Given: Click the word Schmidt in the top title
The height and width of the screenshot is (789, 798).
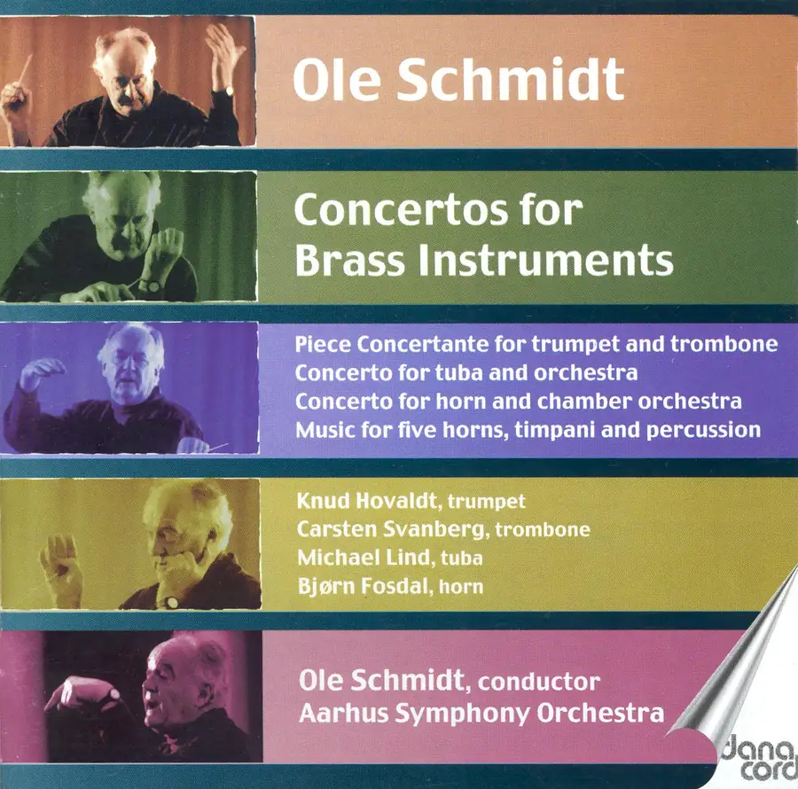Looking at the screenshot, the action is (x=510, y=79).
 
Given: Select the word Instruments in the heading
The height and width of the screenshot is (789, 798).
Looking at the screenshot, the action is (x=545, y=260).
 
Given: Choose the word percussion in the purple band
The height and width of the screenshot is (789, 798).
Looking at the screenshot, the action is (x=703, y=431).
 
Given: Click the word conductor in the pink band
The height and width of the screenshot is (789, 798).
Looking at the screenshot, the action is (x=539, y=682).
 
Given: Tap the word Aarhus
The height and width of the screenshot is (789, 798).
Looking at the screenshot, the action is (x=343, y=713).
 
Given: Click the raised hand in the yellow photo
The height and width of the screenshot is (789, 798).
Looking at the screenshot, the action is (x=62, y=566).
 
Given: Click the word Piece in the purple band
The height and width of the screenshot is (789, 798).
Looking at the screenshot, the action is (x=323, y=344).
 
